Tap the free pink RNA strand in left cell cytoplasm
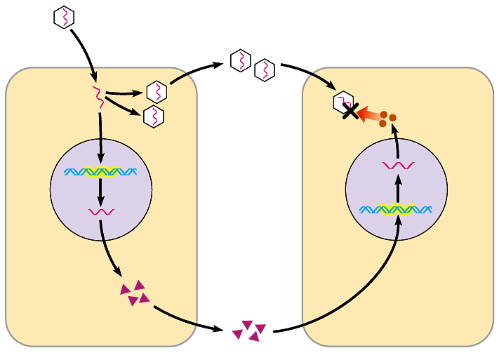pos(99,98)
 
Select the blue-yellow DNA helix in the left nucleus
pos(100,171)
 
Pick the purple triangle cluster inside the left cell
pos(135,293)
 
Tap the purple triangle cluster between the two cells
pos(249,330)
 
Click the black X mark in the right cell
pos(348,110)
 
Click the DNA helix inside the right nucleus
pos(395,208)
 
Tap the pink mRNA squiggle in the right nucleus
pos(398,166)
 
